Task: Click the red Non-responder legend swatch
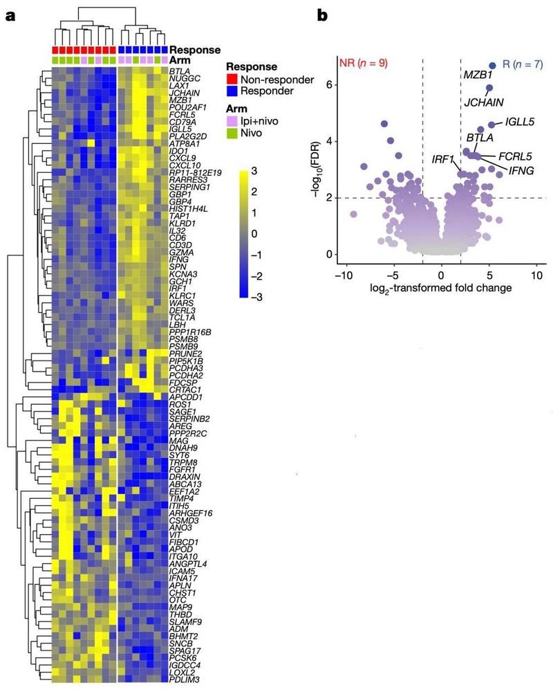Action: (x=234, y=80)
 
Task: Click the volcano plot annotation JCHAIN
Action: (x=484, y=102)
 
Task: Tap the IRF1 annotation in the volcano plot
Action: (x=442, y=160)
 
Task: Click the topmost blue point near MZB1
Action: (x=493, y=65)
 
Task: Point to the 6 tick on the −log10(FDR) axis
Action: (x=330, y=84)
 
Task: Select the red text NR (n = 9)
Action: (x=364, y=63)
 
